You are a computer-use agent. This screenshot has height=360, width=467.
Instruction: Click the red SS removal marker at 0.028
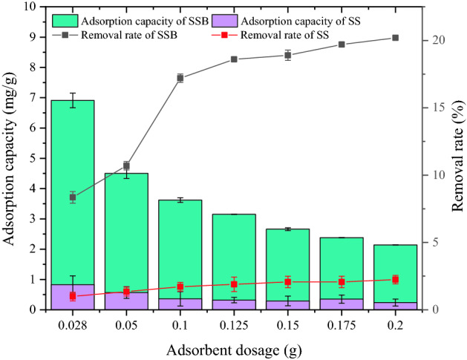[73, 296]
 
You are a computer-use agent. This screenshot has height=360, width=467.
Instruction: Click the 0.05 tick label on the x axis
[126, 324]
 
